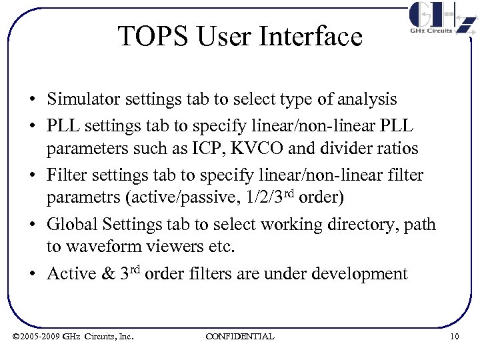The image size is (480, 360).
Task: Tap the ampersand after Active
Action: pyautogui.click(x=107, y=273)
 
